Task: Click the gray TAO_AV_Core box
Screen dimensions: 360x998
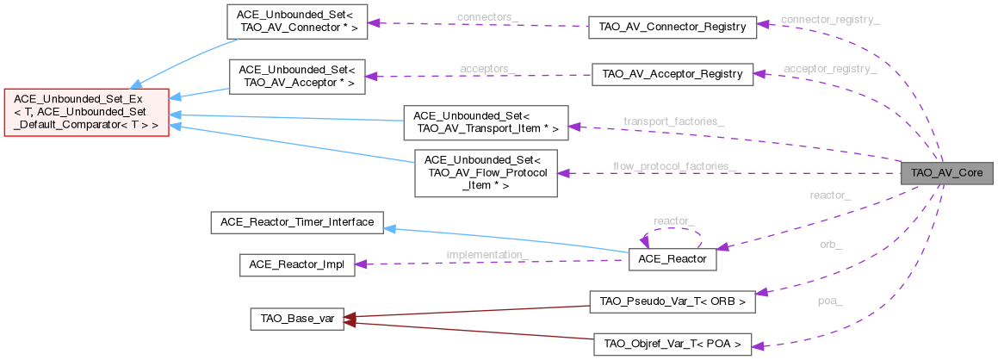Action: (946, 172)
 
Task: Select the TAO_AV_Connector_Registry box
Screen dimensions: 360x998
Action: (672, 27)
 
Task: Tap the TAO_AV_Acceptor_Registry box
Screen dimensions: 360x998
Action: (673, 73)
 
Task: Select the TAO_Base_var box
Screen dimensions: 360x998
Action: (296, 319)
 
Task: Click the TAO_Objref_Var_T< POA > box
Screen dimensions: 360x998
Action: (673, 344)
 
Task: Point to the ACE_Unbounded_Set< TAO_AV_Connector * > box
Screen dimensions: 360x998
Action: (297, 22)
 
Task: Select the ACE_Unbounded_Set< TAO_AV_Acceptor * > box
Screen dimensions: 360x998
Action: (297, 76)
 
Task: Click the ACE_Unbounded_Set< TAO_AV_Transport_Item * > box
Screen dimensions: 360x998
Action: (487, 122)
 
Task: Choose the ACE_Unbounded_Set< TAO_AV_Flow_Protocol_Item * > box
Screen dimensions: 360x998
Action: (487, 172)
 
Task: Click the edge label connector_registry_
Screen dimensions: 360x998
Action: (830, 19)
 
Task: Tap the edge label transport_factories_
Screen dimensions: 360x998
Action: (673, 121)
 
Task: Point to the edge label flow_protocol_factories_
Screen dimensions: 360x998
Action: (674, 165)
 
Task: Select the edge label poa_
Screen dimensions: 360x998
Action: (830, 301)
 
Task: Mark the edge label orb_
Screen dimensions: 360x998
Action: (830, 244)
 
